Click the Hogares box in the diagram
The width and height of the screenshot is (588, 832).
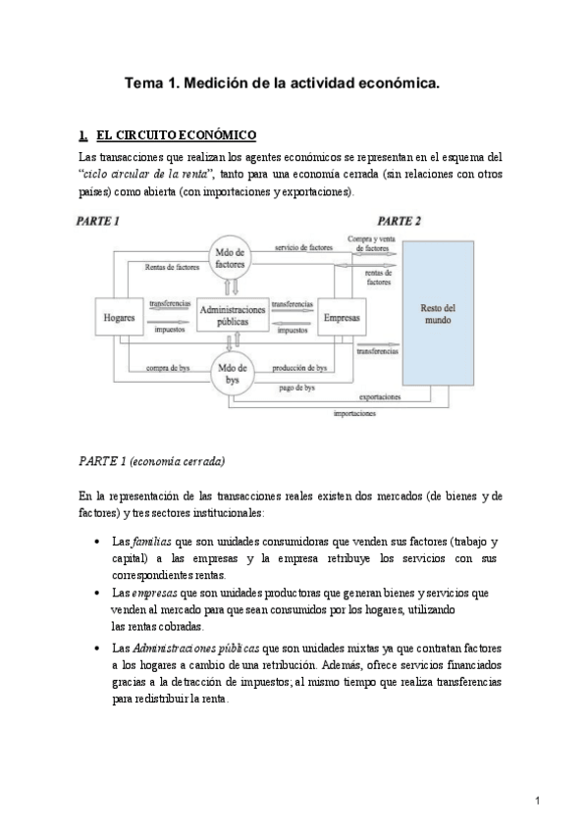119,318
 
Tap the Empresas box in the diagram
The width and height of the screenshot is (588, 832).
342,317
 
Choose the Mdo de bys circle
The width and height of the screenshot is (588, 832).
234,372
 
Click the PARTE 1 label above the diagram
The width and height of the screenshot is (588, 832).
98,222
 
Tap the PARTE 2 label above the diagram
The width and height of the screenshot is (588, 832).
400,222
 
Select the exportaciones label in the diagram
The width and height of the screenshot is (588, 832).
379,397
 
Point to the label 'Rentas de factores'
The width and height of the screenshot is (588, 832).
172,266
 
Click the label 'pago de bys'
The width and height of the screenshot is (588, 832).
295,389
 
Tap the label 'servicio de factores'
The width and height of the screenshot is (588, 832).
303,248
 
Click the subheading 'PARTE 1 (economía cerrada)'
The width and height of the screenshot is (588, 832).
151,460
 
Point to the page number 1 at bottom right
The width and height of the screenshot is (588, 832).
539,801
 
